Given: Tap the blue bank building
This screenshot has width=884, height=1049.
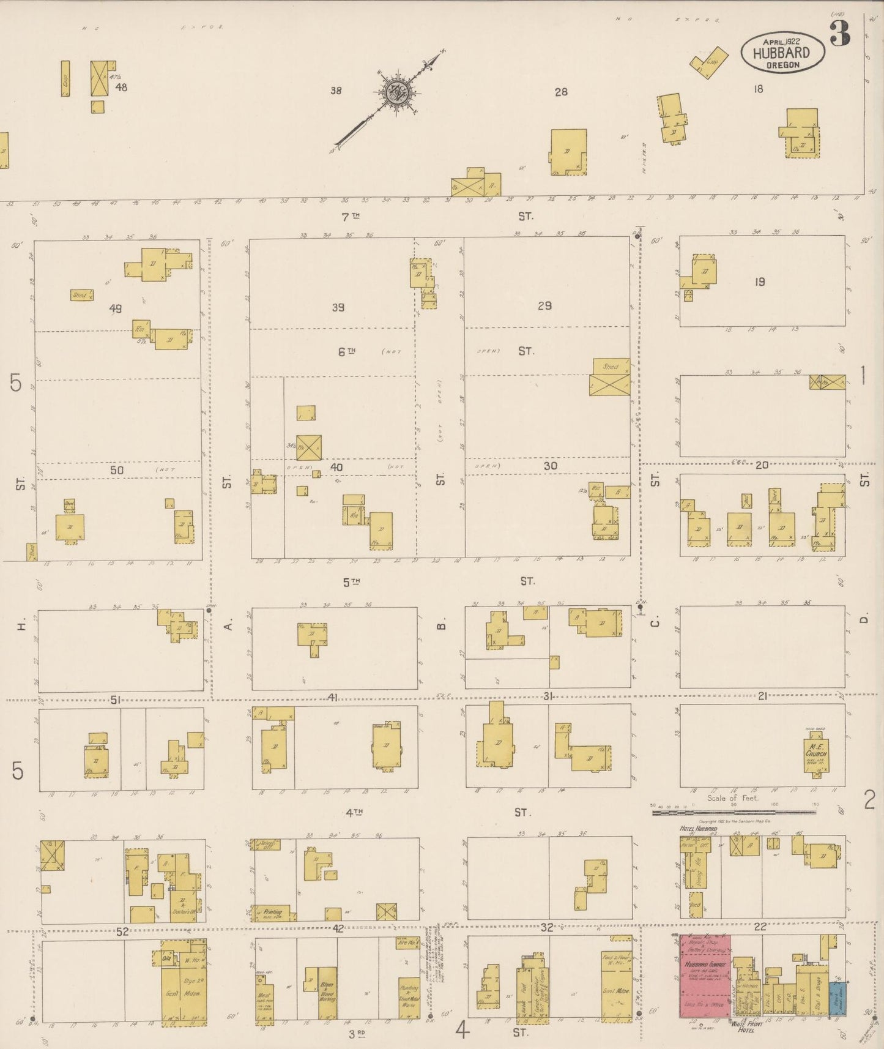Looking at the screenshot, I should tap(838, 999).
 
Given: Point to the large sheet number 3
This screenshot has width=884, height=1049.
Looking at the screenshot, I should tap(840, 34).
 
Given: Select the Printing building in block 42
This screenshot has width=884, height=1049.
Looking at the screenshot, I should tap(273, 913).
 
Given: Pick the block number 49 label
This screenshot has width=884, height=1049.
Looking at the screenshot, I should tap(115, 308).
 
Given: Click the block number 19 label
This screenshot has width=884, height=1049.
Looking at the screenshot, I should tap(759, 282).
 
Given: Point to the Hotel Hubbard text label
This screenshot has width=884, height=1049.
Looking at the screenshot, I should tap(698, 829).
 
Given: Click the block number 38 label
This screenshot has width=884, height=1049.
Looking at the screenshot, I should tap(335, 91).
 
